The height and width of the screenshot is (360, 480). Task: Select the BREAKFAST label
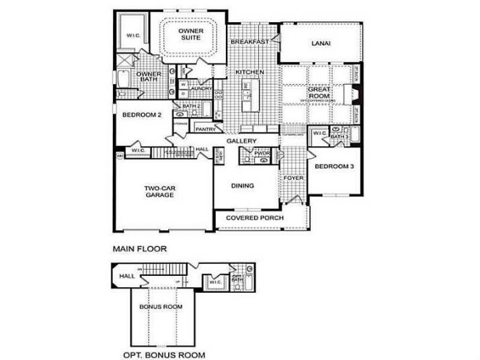pyautogui.click(x=249, y=42)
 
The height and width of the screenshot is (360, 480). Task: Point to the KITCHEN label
pyautogui.click(x=249, y=72)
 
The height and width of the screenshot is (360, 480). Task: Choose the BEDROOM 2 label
pyautogui.click(x=142, y=115)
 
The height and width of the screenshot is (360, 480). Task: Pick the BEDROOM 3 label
pyautogui.click(x=334, y=166)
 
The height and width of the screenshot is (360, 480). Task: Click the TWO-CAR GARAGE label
pyautogui.click(x=159, y=191)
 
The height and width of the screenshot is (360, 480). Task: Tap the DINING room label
pyautogui.click(x=242, y=186)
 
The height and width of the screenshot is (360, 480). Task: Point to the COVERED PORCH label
pyautogui.click(x=255, y=218)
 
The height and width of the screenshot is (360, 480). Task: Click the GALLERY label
pyautogui.click(x=242, y=141)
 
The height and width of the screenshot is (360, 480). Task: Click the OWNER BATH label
pyautogui.click(x=149, y=78)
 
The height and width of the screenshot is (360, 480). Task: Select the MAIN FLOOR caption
pyautogui.click(x=139, y=248)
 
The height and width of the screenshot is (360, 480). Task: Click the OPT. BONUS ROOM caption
pyautogui.click(x=164, y=354)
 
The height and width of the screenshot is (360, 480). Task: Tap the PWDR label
pyautogui.click(x=262, y=153)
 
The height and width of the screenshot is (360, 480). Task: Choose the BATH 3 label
pyautogui.click(x=341, y=137)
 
